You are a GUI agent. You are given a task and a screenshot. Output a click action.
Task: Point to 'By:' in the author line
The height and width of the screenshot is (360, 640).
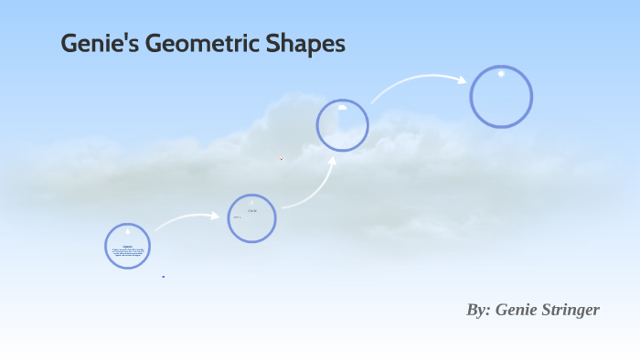[x=478, y=310]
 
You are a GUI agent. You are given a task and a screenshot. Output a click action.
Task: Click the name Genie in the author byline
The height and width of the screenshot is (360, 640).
[x=516, y=310]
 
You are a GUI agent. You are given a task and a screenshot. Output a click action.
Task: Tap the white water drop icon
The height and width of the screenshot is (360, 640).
[x=127, y=232]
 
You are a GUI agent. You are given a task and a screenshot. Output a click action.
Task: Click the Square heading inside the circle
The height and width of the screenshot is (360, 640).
[x=127, y=245]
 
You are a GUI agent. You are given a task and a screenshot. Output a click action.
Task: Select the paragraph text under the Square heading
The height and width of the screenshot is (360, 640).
[x=127, y=252]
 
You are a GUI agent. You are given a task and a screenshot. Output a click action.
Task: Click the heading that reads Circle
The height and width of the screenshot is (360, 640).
[x=252, y=211]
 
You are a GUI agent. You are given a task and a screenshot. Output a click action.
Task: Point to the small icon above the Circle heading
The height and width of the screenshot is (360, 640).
[x=252, y=203]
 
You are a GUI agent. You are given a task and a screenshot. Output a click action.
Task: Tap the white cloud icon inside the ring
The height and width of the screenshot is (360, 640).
[x=343, y=107]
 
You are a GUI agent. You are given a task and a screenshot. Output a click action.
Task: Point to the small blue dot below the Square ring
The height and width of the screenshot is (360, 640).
[x=164, y=276]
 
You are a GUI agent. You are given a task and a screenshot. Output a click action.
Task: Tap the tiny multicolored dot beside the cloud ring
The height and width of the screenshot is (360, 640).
[x=282, y=158]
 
